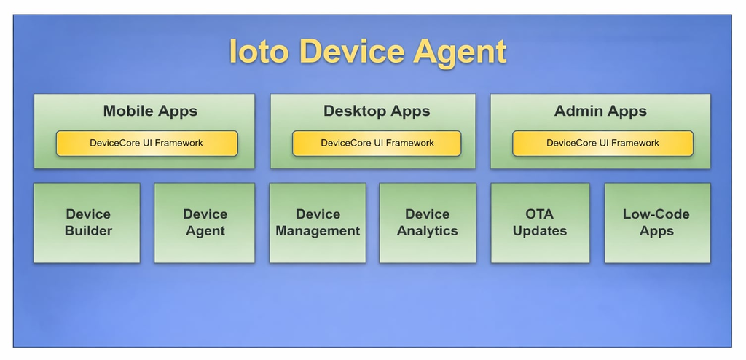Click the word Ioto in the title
click(x=259, y=51)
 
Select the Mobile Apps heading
click(x=150, y=111)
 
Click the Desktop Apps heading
click(x=377, y=111)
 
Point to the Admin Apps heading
click(x=600, y=111)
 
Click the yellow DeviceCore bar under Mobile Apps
click(x=146, y=144)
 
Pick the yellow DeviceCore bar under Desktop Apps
click(x=377, y=144)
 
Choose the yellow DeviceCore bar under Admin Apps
click(x=602, y=144)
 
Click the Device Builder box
click(x=87, y=223)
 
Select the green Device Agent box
click(x=205, y=223)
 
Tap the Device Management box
click(x=318, y=223)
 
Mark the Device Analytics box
click(x=427, y=223)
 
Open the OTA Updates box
click(x=540, y=223)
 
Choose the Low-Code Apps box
click(x=657, y=223)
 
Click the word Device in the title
click(x=351, y=51)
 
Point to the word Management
click(x=318, y=232)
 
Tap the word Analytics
click(x=427, y=232)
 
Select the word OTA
click(x=540, y=214)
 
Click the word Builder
click(x=88, y=231)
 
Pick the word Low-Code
click(x=656, y=214)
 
